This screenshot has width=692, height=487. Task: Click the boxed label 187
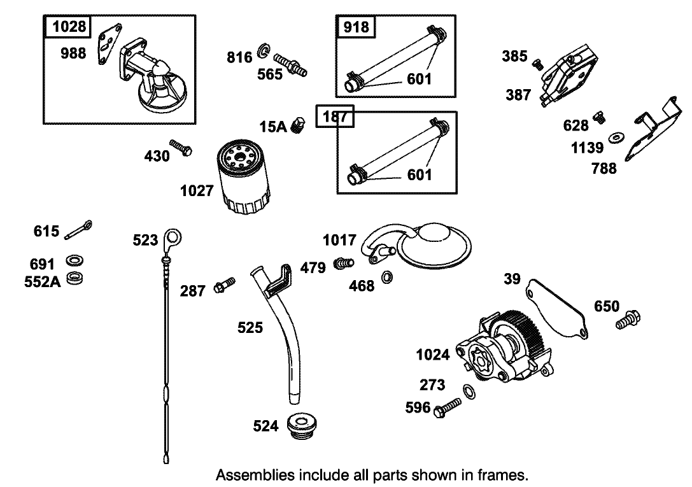(335, 118)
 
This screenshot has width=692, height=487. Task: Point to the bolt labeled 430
(181, 148)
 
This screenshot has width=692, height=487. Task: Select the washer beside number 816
(263, 52)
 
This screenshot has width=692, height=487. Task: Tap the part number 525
(250, 328)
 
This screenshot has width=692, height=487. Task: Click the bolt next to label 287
(225, 285)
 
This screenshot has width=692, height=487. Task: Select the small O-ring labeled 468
(386, 278)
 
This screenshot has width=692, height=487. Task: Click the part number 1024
(433, 355)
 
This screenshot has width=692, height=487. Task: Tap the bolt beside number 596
(448, 408)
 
